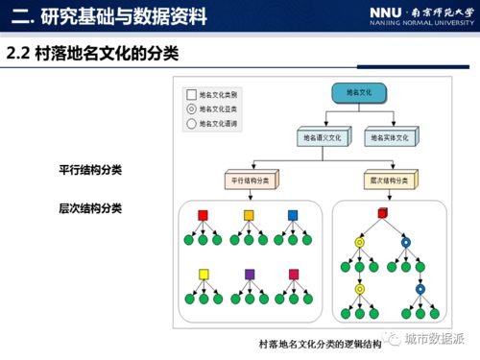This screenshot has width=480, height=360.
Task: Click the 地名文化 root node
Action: click(358, 93)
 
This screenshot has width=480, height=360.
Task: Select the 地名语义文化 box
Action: click(324, 138)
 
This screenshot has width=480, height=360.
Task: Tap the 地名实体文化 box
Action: click(392, 138)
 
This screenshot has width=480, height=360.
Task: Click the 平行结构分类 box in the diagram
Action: click(252, 180)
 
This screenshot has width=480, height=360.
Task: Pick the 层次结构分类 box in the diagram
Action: click(392, 180)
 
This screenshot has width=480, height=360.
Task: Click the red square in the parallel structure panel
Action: click(203, 214)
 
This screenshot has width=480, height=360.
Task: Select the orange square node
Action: click(249, 214)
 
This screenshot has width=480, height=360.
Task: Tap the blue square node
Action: click(293, 214)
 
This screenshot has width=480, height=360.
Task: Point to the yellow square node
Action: click(203, 275)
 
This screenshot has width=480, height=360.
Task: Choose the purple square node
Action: click(249, 275)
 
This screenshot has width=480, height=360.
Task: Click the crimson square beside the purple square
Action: click(294, 275)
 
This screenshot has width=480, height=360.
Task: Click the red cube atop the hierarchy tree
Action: click(382, 213)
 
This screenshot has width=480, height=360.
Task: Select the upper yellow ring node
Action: click(360, 243)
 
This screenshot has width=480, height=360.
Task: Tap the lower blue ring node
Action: click(420, 288)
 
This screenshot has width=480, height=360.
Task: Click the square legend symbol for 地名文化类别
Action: click(191, 95)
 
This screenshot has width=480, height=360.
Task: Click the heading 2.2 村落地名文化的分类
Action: click(93, 53)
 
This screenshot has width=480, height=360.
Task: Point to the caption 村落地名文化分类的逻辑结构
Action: click(320, 343)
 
